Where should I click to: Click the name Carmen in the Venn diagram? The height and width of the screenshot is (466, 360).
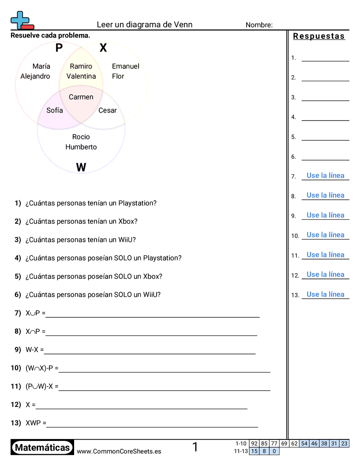coord(81,97)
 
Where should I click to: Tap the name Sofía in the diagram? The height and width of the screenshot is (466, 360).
coord(55,110)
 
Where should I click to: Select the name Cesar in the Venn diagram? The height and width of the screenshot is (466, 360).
coord(108,110)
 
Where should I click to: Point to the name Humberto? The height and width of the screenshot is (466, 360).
coord(81,147)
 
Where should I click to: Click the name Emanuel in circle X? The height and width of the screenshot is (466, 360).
coord(126,66)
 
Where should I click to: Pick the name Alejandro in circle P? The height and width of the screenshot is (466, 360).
coord(35,76)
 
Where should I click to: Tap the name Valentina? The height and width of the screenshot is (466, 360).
coord(81,76)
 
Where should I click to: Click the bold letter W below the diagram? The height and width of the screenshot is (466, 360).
coord(81,167)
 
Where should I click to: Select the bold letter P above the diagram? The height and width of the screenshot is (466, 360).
coord(59,48)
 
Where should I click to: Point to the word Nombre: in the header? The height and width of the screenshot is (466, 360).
coord(259,25)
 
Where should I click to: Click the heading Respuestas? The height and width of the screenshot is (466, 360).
coord(319,36)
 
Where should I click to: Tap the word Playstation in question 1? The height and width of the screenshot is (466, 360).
coord(137,203)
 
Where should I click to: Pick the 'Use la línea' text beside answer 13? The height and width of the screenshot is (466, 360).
coord(326,294)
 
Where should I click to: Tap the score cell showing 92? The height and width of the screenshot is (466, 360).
coord(254,443)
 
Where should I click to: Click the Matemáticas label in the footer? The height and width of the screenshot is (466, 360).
coord(42,448)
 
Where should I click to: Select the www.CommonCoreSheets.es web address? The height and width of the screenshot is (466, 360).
coord(119,451)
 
